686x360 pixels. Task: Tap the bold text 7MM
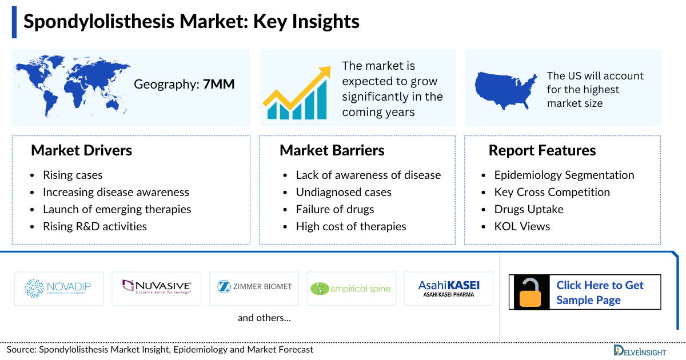coord(218,85)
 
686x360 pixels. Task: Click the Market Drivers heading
coord(81,150)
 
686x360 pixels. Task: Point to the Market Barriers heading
coord(332,150)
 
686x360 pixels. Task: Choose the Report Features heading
coord(542,150)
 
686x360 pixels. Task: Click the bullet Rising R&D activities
coord(94,226)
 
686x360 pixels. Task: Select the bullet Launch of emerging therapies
coord(117,209)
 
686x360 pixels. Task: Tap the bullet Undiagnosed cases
coord(343,192)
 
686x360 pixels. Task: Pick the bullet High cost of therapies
coord(350,226)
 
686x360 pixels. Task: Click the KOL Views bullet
coord(522,226)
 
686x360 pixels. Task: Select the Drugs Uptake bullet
coord(528,209)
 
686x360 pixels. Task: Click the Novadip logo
coord(59,289)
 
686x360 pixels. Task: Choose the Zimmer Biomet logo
coord(254,287)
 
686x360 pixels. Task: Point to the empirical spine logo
coord(351,289)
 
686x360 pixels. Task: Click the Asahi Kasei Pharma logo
coord(449,289)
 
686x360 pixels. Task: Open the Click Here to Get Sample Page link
coord(600,293)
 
